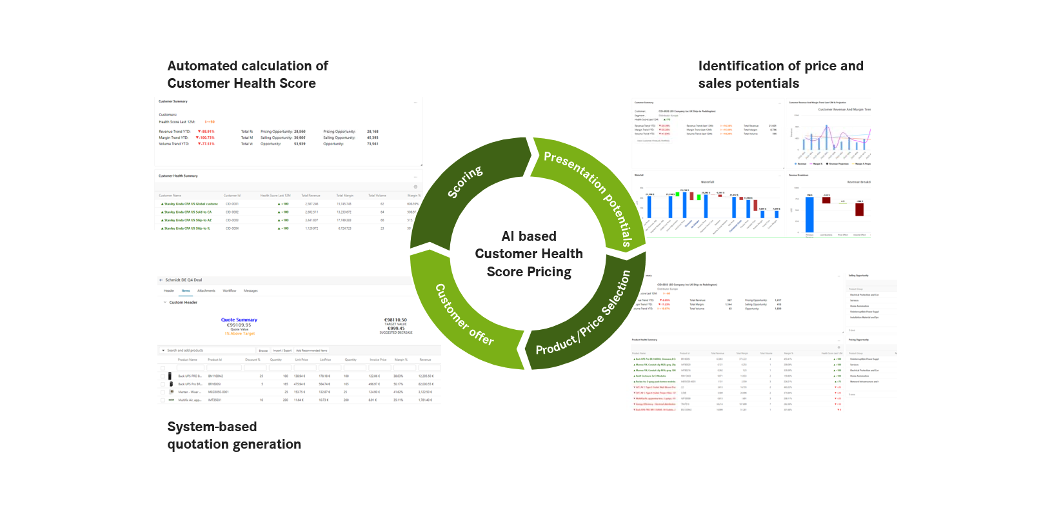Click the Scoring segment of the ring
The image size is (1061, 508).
(464, 183)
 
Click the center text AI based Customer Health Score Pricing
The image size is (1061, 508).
(529, 254)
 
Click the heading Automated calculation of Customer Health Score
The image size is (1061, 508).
(248, 75)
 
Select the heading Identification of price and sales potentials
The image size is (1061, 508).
(780, 75)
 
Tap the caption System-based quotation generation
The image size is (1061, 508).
(233, 435)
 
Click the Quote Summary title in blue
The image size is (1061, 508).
(239, 320)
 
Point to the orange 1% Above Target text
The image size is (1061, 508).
(239, 334)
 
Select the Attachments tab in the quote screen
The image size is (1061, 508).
(206, 290)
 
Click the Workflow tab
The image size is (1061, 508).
(230, 290)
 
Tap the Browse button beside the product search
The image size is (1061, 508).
(263, 351)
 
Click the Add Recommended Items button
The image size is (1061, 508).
(312, 351)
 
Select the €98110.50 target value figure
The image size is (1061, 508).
(395, 320)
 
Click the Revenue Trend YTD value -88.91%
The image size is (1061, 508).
(206, 132)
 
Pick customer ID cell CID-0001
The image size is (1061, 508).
(232, 204)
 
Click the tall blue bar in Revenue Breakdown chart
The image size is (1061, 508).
(809, 214)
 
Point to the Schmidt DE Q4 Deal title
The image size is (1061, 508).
(184, 280)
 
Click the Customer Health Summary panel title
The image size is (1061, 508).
(178, 176)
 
